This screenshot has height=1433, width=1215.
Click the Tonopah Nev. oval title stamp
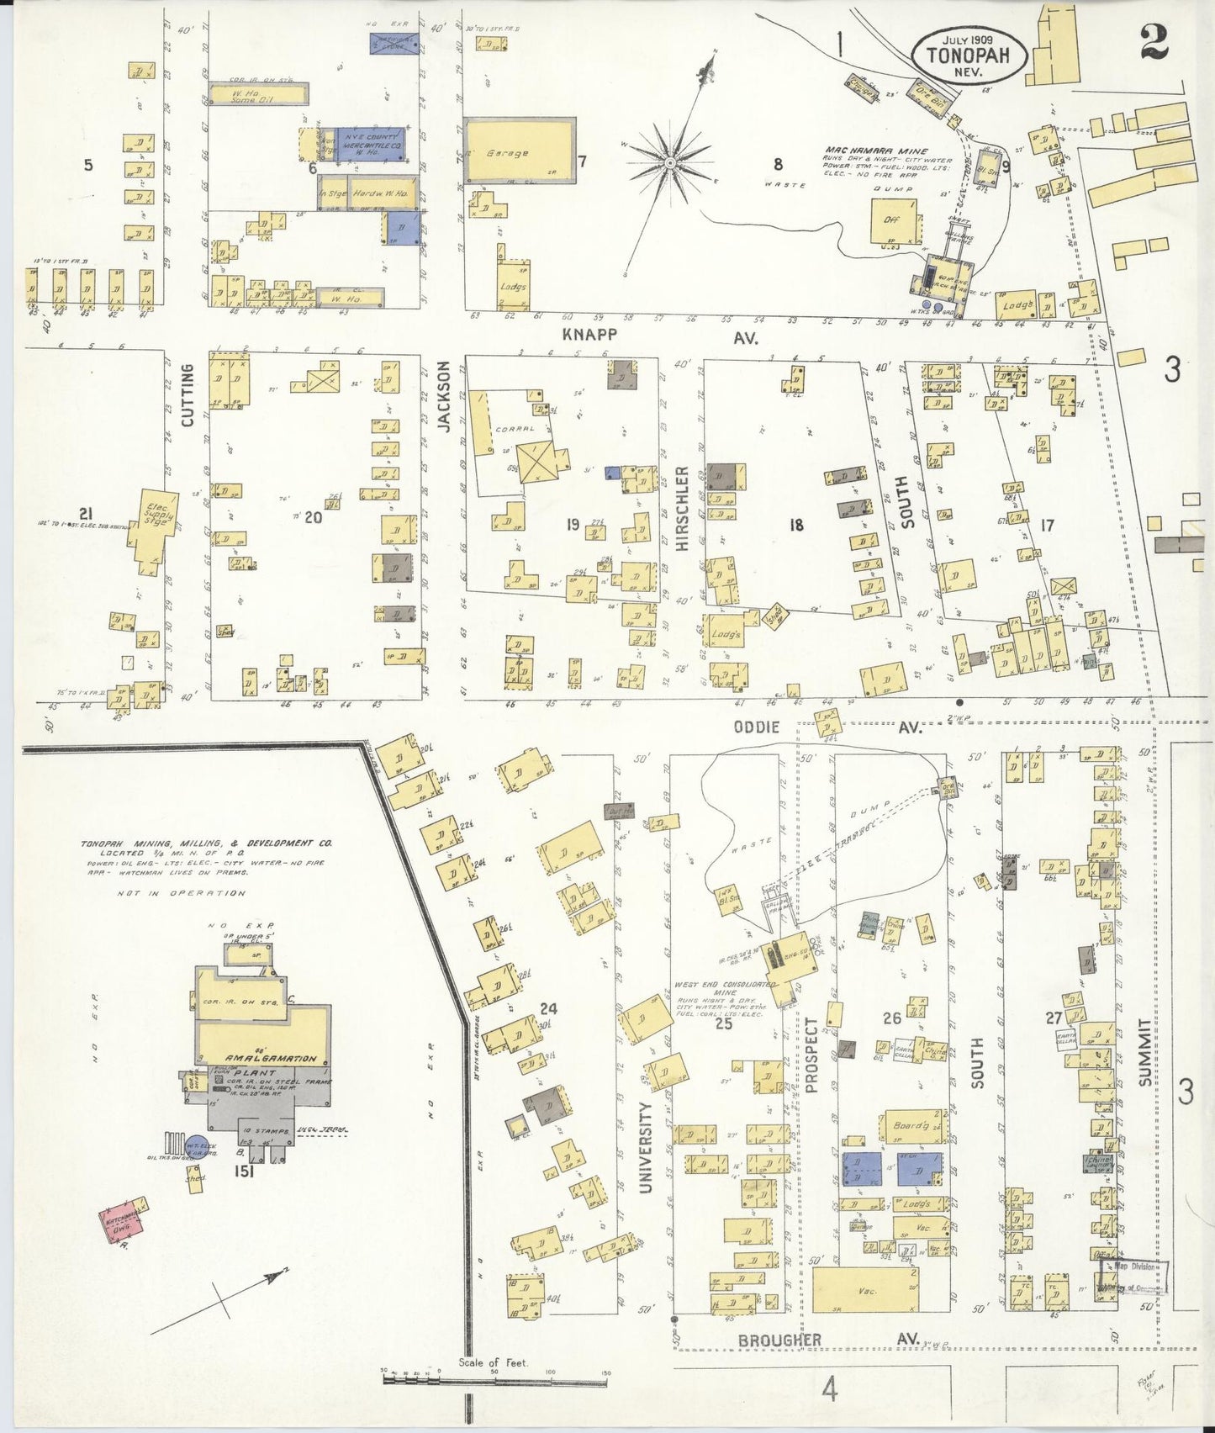(968, 54)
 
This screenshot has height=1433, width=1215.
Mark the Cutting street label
(187, 395)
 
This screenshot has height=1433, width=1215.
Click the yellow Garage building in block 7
(520, 151)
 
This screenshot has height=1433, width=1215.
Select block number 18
(795, 526)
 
